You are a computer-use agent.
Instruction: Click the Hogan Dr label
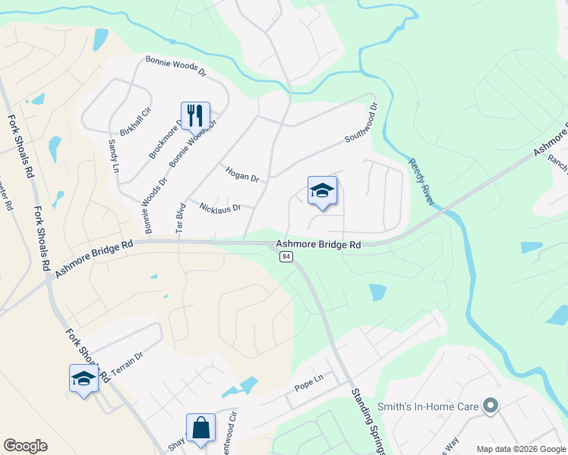click(x=242, y=174)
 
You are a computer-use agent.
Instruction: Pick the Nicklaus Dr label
click(x=219, y=207)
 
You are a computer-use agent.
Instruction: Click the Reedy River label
click(x=421, y=181)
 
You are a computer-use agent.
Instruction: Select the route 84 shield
click(x=286, y=257)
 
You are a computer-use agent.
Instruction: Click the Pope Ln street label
click(x=309, y=388)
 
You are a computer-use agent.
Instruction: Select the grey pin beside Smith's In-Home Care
click(x=491, y=406)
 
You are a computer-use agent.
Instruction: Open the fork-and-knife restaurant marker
click(x=195, y=116)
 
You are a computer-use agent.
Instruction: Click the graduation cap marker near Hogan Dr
click(x=322, y=191)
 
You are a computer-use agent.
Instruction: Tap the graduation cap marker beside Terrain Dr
click(x=84, y=378)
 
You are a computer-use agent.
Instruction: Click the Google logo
click(x=25, y=446)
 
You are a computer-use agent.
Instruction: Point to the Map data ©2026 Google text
click(x=521, y=449)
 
